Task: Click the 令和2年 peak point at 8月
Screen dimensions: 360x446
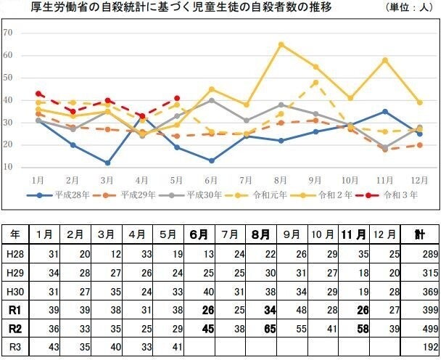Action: [281, 44]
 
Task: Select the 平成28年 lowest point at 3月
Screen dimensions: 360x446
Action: [107, 163]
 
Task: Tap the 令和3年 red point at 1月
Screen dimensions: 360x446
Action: [38, 94]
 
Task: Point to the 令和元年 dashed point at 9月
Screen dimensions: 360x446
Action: [315, 82]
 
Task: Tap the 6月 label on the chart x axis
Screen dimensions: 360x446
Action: [211, 179]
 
